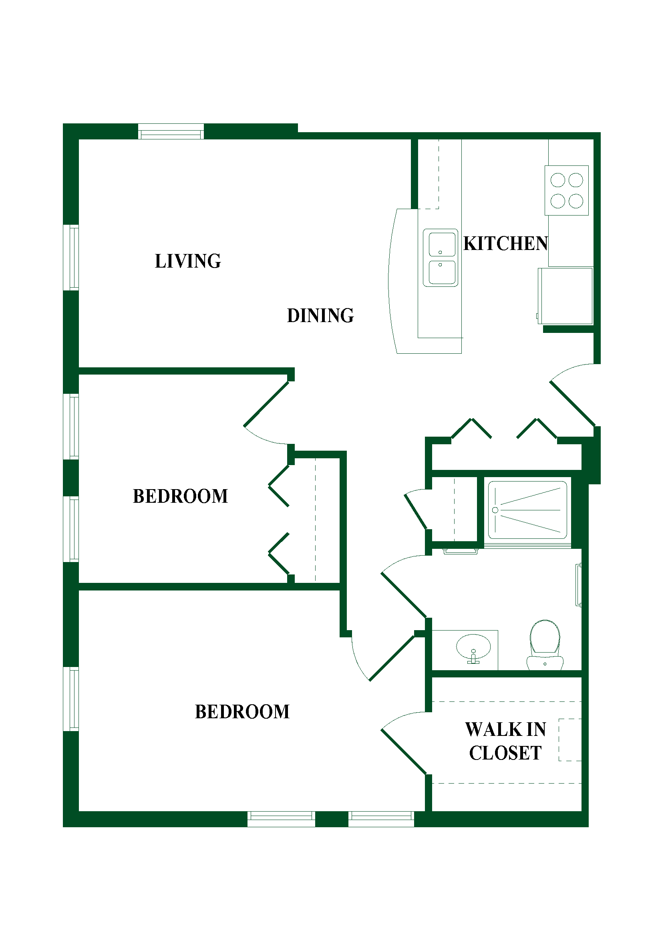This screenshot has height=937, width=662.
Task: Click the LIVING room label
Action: [188, 261]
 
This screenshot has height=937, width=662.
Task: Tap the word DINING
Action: [321, 315]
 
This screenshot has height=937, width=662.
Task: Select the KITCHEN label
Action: [506, 244]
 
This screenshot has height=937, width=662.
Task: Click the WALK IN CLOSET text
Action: [506, 741]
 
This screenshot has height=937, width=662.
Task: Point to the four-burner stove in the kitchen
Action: [567, 190]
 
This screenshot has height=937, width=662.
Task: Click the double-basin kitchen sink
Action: [441, 258]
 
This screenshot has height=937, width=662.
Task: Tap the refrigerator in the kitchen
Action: [565, 296]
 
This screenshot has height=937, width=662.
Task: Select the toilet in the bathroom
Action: [545, 645]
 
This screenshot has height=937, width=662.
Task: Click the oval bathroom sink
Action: [473, 647]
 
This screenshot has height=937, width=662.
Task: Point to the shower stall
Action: [527, 510]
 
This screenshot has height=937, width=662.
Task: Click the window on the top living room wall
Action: [171, 131]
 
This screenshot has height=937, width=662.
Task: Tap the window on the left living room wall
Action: [71, 258]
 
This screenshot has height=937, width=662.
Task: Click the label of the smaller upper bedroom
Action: [180, 496]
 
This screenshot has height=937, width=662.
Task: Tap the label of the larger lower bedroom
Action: [242, 712]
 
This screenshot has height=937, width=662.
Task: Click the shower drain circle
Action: [495, 510]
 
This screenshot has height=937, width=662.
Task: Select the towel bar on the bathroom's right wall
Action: [578, 585]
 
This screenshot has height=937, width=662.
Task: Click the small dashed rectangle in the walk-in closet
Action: [570, 740]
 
